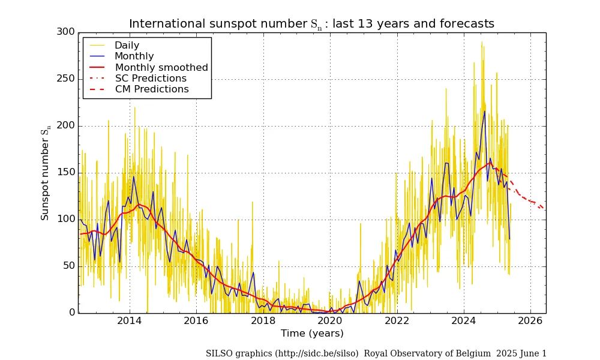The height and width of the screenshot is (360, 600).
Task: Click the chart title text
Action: [x=311, y=23]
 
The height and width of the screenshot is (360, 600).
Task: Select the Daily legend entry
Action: [x=127, y=46]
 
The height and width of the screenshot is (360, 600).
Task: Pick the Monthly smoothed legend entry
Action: [x=161, y=67]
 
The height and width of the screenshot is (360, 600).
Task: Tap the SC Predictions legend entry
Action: [x=151, y=79]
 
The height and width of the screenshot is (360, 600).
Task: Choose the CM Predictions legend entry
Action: [x=152, y=89]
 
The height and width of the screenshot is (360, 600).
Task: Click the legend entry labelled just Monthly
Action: [x=134, y=56]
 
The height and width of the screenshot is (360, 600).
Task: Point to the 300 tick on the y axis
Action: [x=66, y=32]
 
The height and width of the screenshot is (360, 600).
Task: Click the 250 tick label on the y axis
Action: [x=66, y=79]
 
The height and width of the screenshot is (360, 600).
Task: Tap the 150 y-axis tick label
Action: [x=66, y=173]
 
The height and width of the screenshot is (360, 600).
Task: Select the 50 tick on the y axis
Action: [x=68, y=266]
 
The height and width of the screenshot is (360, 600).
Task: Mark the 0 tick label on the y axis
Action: [x=71, y=313]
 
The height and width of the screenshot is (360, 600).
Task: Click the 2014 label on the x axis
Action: [x=129, y=321]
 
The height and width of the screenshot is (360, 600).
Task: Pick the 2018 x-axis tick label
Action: [x=263, y=321]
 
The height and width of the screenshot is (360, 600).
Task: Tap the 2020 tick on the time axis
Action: [x=330, y=321]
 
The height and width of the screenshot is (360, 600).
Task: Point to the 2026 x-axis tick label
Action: [x=530, y=321]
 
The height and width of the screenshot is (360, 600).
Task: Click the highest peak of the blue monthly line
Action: [x=484, y=111]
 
